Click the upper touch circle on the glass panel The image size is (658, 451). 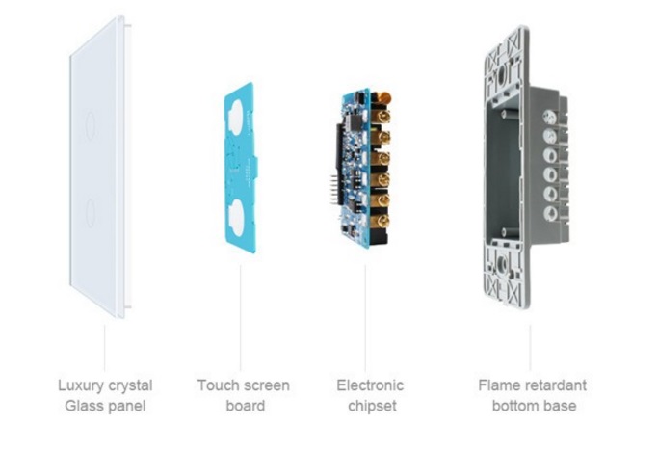pos(90,122)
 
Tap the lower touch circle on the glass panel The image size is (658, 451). pos(90,211)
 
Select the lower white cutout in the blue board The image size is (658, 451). pos(238,213)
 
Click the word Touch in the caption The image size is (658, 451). pos(218,385)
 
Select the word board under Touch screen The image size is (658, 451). pos(245,406)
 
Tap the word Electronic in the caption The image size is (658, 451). pos(369,385)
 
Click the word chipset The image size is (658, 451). pos(369,406)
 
